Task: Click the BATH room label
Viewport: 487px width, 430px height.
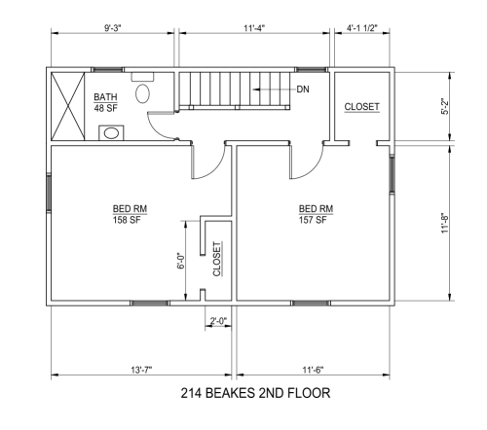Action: tap(105, 96)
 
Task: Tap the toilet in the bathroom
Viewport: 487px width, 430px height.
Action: tap(142, 89)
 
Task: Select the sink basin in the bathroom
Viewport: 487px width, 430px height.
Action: tap(111, 133)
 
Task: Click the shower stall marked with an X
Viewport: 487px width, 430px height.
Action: tap(68, 106)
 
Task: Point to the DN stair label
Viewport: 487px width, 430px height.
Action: tap(303, 90)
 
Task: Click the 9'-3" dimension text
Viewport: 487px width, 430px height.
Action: tap(112, 28)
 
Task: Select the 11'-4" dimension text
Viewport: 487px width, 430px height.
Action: tap(254, 28)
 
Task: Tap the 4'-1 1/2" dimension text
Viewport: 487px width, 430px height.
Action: tap(362, 28)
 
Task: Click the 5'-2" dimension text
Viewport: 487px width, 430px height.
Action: tap(444, 106)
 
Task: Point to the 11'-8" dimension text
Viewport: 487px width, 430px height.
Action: tap(444, 223)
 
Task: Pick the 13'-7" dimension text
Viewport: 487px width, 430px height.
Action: tap(141, 370)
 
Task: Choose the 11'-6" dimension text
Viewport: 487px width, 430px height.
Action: tap(313, 370)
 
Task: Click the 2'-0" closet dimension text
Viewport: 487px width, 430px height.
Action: tap(218, 321)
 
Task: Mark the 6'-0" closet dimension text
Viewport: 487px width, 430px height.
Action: tap(181, 261)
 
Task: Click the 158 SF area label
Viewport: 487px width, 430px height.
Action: tap(127, 220)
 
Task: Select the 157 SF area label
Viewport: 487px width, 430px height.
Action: tap(313, 220)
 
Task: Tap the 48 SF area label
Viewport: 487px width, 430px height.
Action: tap(106, 108)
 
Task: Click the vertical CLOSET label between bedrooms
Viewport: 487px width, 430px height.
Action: tap(217, 259)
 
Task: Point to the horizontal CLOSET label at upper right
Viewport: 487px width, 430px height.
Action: tap(361, 107)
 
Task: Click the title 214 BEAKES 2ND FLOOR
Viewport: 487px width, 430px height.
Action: tap(255, 393)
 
